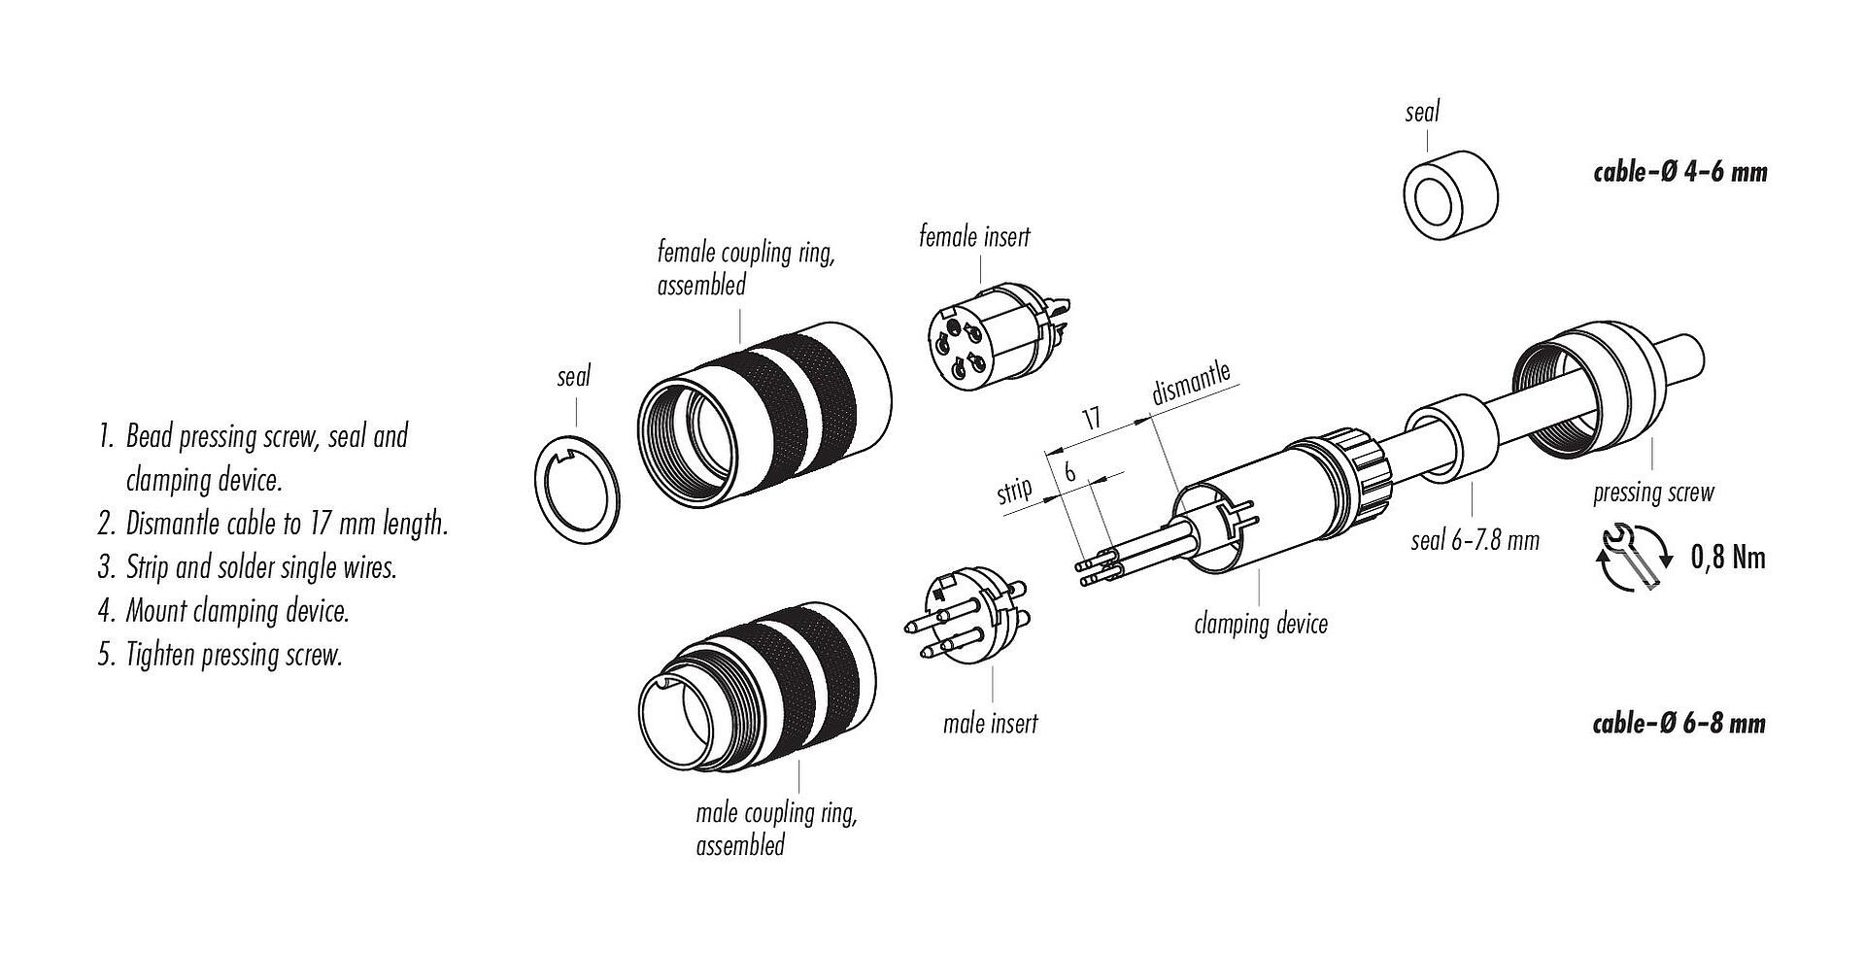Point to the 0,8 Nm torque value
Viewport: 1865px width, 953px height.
click(x=1728, y=557)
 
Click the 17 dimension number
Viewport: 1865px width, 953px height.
click(x=1093, y=419)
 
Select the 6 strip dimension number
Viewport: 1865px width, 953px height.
click(x=1070, y=472)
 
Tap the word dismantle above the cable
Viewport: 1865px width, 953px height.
click(x=1191, y=384)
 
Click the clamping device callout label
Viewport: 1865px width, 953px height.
click(x=1261, y=623)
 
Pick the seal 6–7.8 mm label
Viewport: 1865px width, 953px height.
click(x=1475, y=540)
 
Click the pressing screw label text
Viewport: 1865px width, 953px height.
click(x=1653, y=493)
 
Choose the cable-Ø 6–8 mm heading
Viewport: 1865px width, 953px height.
click(x=1679, y=723)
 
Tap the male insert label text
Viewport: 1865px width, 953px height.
click(x=990, y=724)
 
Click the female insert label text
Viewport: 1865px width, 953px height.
click(x=974, y=237)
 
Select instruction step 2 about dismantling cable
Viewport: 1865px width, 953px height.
click(x=272, y=525)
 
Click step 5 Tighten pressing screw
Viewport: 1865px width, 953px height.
click(x=220, y=655)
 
